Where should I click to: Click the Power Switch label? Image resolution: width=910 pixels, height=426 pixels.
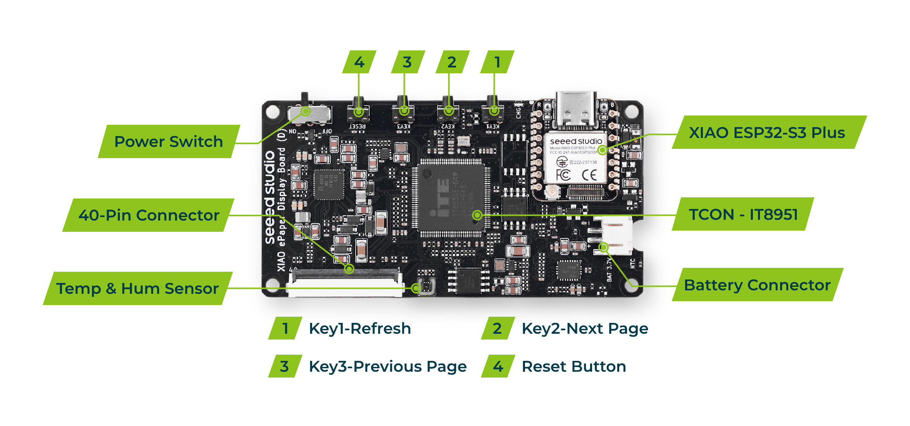click(169, 141)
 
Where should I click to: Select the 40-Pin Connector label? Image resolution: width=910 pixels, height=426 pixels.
click(149, 215)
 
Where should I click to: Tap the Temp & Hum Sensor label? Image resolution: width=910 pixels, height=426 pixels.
click(137, 288)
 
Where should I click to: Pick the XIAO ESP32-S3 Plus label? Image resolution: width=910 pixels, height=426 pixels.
click(767, 133)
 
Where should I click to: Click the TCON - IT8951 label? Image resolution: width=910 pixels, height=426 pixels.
click(743, 214)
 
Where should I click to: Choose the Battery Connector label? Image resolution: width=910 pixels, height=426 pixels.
click(757, 285)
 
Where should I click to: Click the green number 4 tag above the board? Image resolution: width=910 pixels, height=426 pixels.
click(359, 62)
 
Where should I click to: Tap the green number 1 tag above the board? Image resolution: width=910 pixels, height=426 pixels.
click(497, 62)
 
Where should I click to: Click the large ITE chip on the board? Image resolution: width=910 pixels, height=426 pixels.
click(452, 198)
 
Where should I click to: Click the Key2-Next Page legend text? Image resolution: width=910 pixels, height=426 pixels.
click(585, 329)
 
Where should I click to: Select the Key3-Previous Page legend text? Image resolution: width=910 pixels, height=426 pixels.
click(387, 367)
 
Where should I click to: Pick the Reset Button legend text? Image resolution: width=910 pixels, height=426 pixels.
click(574, 367)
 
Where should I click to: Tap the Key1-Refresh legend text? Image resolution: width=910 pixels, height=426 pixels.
click(360, 329)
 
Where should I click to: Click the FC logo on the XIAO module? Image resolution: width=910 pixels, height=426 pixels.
click(563, 175)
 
